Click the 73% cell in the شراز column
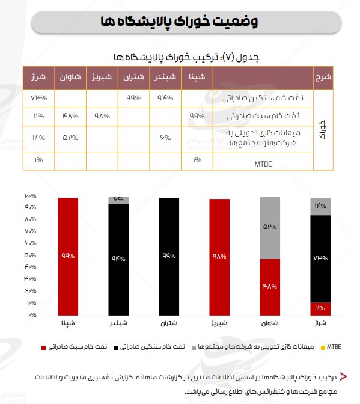(x=38, y=97)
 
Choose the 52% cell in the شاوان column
(x=70, y=138)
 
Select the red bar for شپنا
(x=68, y=256)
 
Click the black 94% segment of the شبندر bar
(x=118, y=259)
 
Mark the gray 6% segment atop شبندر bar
(x=118, y=200)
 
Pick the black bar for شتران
(x=168, y=256)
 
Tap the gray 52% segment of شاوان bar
(x=270, y=228)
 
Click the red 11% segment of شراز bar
(x=320, y=308)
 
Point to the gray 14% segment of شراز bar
(x=320, y=206)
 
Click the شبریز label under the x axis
(x=219, y=323)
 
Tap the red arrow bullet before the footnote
(x=343, y=377)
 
